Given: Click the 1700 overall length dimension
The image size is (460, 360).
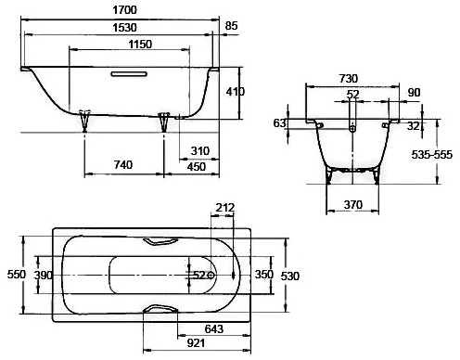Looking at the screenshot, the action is pyautogui.click(x=124, y=10).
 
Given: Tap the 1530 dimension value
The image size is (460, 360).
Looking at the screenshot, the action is pyautogui.click(x=124, y=28).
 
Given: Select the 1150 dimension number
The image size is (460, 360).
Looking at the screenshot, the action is pyautogui.click(x=140, y=45).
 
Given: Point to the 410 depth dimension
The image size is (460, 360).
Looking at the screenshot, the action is pyautogui.click(x=236, y=92).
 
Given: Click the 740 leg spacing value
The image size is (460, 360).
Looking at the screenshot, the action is pyautogui.click(x=123, y=165).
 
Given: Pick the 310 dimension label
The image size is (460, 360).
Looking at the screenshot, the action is pyautogui.click(x=200, y=151).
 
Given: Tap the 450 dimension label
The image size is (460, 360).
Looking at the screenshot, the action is pyautogui.click(x=197, y=167).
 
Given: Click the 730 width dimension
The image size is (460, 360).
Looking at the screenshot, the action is pyautogui.click(x=349, y=79).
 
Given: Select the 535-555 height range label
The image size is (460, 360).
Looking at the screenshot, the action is pyautogui.click(x=431, y=155).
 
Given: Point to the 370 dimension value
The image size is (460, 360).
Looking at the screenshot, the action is pyautogui.click(x=353, y=204).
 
